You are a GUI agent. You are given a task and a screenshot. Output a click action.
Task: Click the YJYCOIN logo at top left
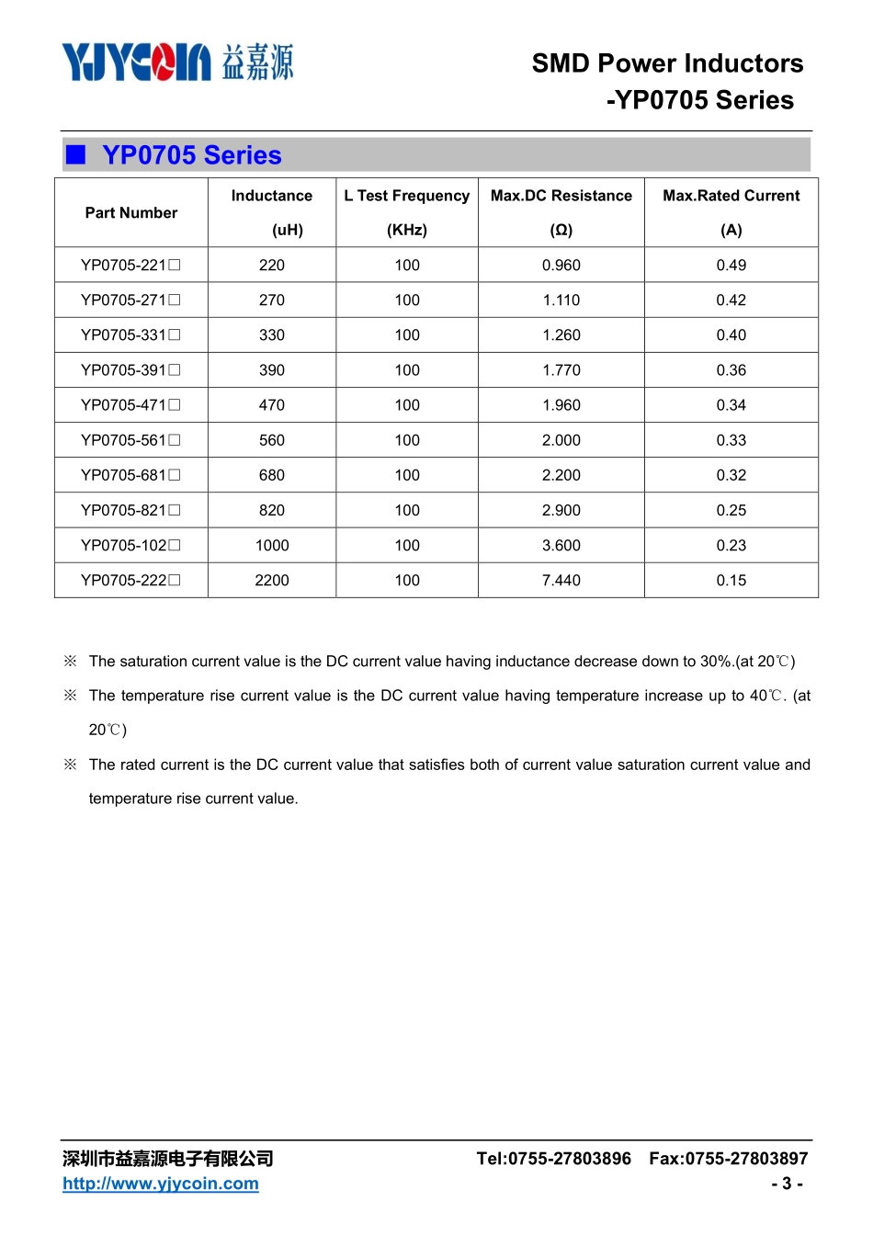pos(176,62)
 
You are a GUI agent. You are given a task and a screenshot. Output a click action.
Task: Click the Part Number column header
pos(131,213)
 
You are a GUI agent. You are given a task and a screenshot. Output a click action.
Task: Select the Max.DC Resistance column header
pos(561,196)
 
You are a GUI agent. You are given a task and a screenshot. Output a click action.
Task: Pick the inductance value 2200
pos(272,581)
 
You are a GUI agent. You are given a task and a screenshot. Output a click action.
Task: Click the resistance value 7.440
pos(561,581)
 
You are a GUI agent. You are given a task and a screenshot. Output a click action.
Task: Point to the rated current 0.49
pos(731,266)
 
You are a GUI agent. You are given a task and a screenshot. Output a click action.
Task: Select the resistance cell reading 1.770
pos(561,370)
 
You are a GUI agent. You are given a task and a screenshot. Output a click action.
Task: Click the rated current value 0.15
pos(731,581)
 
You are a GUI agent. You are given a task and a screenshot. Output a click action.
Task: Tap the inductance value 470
pos(272,405)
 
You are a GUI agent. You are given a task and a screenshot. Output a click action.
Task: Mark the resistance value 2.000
pos(561,440)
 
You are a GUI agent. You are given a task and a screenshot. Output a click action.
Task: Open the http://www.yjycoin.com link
pos(161,1184)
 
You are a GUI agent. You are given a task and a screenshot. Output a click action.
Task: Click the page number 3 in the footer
pos(787,1184)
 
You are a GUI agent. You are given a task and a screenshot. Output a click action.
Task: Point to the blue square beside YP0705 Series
pos(76,154)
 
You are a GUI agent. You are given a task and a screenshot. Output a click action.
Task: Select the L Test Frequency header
pos(406,196)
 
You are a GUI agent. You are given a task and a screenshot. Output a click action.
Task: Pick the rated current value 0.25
pos(731,511)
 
